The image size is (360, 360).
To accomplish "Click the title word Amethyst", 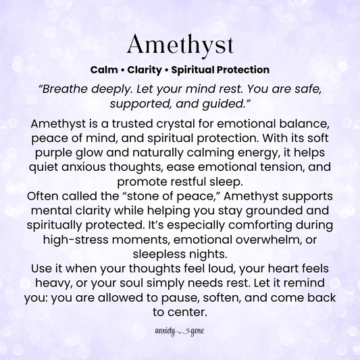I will [180, 45].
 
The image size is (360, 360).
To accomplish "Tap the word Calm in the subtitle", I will [103, 70].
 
